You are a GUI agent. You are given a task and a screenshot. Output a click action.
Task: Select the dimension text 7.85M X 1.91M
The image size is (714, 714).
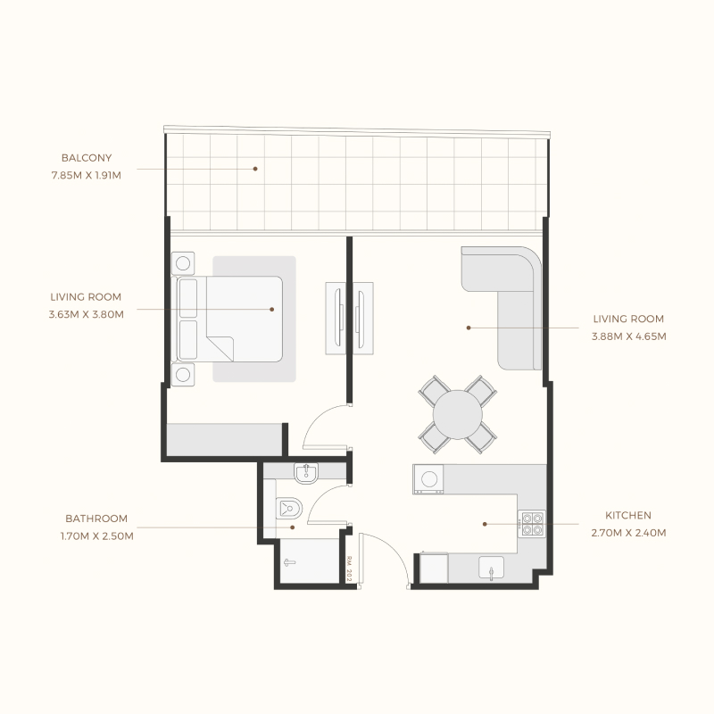(87, 176)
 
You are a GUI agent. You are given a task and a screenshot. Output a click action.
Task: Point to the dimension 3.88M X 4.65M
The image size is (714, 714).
(629, 336)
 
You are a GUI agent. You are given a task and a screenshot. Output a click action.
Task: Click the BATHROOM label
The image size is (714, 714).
(96, 519)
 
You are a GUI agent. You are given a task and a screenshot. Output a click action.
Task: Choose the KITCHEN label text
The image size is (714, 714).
(628, 516)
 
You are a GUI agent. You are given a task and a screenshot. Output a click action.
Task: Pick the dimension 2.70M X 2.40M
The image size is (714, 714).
(629, 533)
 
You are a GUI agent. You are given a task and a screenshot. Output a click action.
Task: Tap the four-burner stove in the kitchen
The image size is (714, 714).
(532, 522)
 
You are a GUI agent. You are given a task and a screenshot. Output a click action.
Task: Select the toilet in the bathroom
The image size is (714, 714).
(289, 508)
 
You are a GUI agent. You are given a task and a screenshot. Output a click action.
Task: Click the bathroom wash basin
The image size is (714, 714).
(305, 472)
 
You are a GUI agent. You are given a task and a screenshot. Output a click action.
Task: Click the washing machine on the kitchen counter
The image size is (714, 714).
(428, 480)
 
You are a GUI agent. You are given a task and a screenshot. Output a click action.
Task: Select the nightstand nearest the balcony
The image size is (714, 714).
(185, 263)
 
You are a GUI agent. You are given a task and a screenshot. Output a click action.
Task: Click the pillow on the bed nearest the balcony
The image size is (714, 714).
(188, 297)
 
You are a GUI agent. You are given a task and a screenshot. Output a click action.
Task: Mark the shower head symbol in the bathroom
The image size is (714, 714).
(287, 562)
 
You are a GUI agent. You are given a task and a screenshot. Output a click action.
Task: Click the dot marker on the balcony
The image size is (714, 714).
(255, 168)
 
